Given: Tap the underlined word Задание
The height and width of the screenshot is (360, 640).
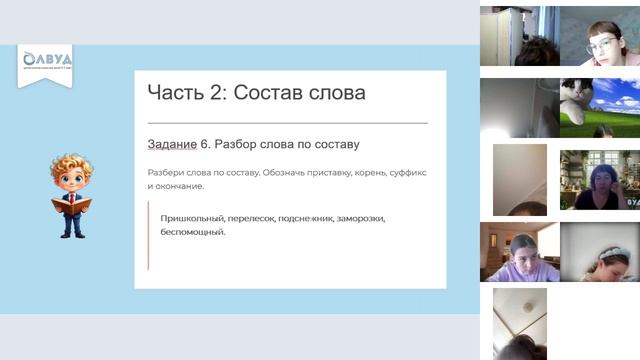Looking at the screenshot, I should pyautogui.click(x=172, y=145).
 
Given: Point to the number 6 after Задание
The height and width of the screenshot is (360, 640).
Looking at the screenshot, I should pyautogui.click(x=204, y=145).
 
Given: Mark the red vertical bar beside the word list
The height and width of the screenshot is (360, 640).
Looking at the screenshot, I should pyautogui.click(x=148, y=234).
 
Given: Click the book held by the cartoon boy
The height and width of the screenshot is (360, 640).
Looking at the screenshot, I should pyautogui.click(x=71, y=204).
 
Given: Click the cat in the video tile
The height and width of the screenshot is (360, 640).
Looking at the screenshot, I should pyautogui.click(x=586, y=101).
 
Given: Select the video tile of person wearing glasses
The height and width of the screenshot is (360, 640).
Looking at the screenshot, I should pyautogui.click(x=599, y=36).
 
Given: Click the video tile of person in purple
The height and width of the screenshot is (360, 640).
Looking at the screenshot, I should pyautogui.click(x=519, y=252).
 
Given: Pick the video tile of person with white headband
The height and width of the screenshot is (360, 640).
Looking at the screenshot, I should pyautogui.click(x=599, y=252).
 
